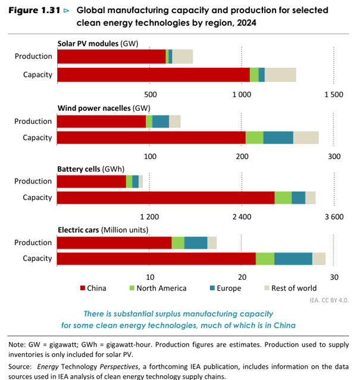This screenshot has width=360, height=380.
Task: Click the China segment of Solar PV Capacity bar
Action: click(x=154, y=74)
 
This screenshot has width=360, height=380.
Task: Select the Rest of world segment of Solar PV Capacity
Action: click(x=280, y=74)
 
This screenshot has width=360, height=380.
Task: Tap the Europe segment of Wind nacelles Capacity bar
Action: click(x=278, y=137)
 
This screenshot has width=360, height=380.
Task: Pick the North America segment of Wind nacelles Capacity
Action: click(x=254, y=137)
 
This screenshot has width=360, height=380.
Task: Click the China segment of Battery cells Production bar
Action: click(x=92, y=181)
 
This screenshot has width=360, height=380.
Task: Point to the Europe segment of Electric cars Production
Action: click(x=196, y=242)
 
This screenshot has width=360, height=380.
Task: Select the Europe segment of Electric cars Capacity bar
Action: click(x=293, y=258)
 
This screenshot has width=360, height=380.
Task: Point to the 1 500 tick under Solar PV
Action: click(x=333, y=95)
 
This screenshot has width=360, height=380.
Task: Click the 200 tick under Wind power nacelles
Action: click(x=242, y=156)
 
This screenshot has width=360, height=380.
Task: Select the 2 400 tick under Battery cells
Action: click(x=242, y=216)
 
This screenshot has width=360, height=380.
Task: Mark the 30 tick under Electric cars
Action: click(x=334, y=277)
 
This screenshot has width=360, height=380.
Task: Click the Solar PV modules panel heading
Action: click(x=89, y=43)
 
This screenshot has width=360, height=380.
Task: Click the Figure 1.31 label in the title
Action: click(x=35, y=11)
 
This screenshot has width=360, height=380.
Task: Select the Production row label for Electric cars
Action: click(x=33, y=242)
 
